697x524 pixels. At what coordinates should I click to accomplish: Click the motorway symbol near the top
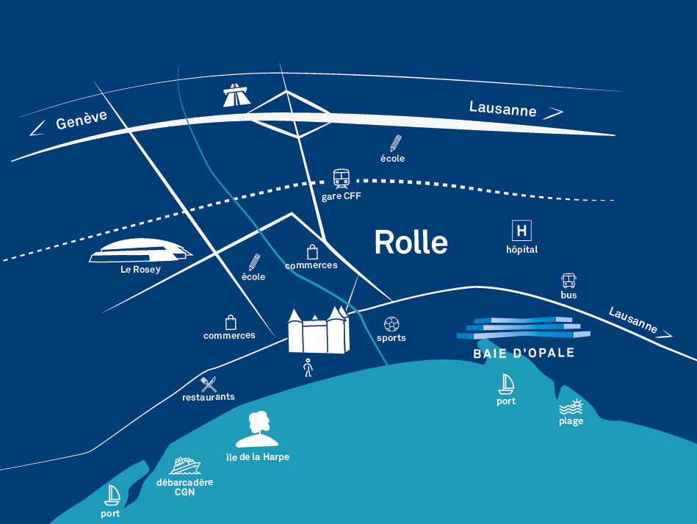[236, 95]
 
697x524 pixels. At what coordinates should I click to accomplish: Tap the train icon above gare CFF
[342, 179]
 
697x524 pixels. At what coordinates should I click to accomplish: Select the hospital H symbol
[521, 231]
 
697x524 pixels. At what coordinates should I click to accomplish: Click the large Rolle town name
[411, 243]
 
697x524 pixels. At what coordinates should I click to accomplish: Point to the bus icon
[568, 281]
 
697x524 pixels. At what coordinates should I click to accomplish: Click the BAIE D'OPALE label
[524, 353]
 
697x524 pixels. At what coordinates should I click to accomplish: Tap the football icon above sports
[391, 324]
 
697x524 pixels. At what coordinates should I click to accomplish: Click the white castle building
[318, 329]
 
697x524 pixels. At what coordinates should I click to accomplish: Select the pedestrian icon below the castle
[308, 368]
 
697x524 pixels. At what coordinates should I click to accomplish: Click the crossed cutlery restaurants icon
[209, 384]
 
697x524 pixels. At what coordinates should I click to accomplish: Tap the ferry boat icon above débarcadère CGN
[184, 466]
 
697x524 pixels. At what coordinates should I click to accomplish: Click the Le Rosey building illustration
[140, 251]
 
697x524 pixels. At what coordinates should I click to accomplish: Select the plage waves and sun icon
[571, 406]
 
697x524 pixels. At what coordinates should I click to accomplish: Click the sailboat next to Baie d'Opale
[506, 384]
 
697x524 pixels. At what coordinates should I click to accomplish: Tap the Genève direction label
[82, 119]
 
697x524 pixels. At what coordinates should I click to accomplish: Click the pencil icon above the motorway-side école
[396, 143]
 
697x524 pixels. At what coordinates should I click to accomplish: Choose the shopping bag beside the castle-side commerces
[231, 322]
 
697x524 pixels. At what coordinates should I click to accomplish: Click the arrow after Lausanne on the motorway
[553, 113]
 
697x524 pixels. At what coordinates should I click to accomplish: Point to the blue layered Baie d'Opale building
[524, 328]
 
